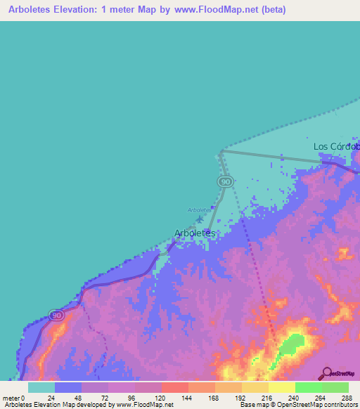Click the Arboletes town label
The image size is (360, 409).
(194, 233)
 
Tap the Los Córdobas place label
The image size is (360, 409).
(336, 146)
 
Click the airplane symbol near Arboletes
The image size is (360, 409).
(199, 219)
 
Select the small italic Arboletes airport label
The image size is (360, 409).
(199, 209)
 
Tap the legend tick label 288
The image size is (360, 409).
(348, 398)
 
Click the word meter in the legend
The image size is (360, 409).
(11, 398)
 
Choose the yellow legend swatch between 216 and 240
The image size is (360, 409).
(281, 387)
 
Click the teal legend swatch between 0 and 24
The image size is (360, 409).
(41, 387)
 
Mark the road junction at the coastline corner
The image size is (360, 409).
(221, 151)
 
